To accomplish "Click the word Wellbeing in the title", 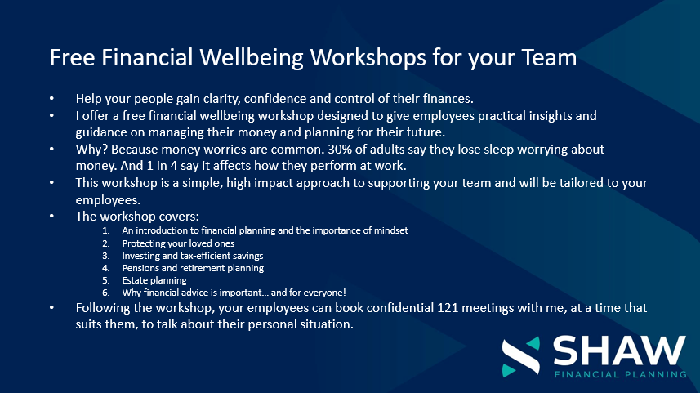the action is tap(252, 58).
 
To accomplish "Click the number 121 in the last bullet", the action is tap(448, 308).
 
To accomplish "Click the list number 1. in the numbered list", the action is tap(106, 230).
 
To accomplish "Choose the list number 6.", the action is tap(106, 293).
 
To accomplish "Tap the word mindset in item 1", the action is tap(391, 230).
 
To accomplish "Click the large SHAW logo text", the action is tap(620, 351).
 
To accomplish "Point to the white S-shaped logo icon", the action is tap(520, 357).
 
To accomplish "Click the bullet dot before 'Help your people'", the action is tap(51, 98).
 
